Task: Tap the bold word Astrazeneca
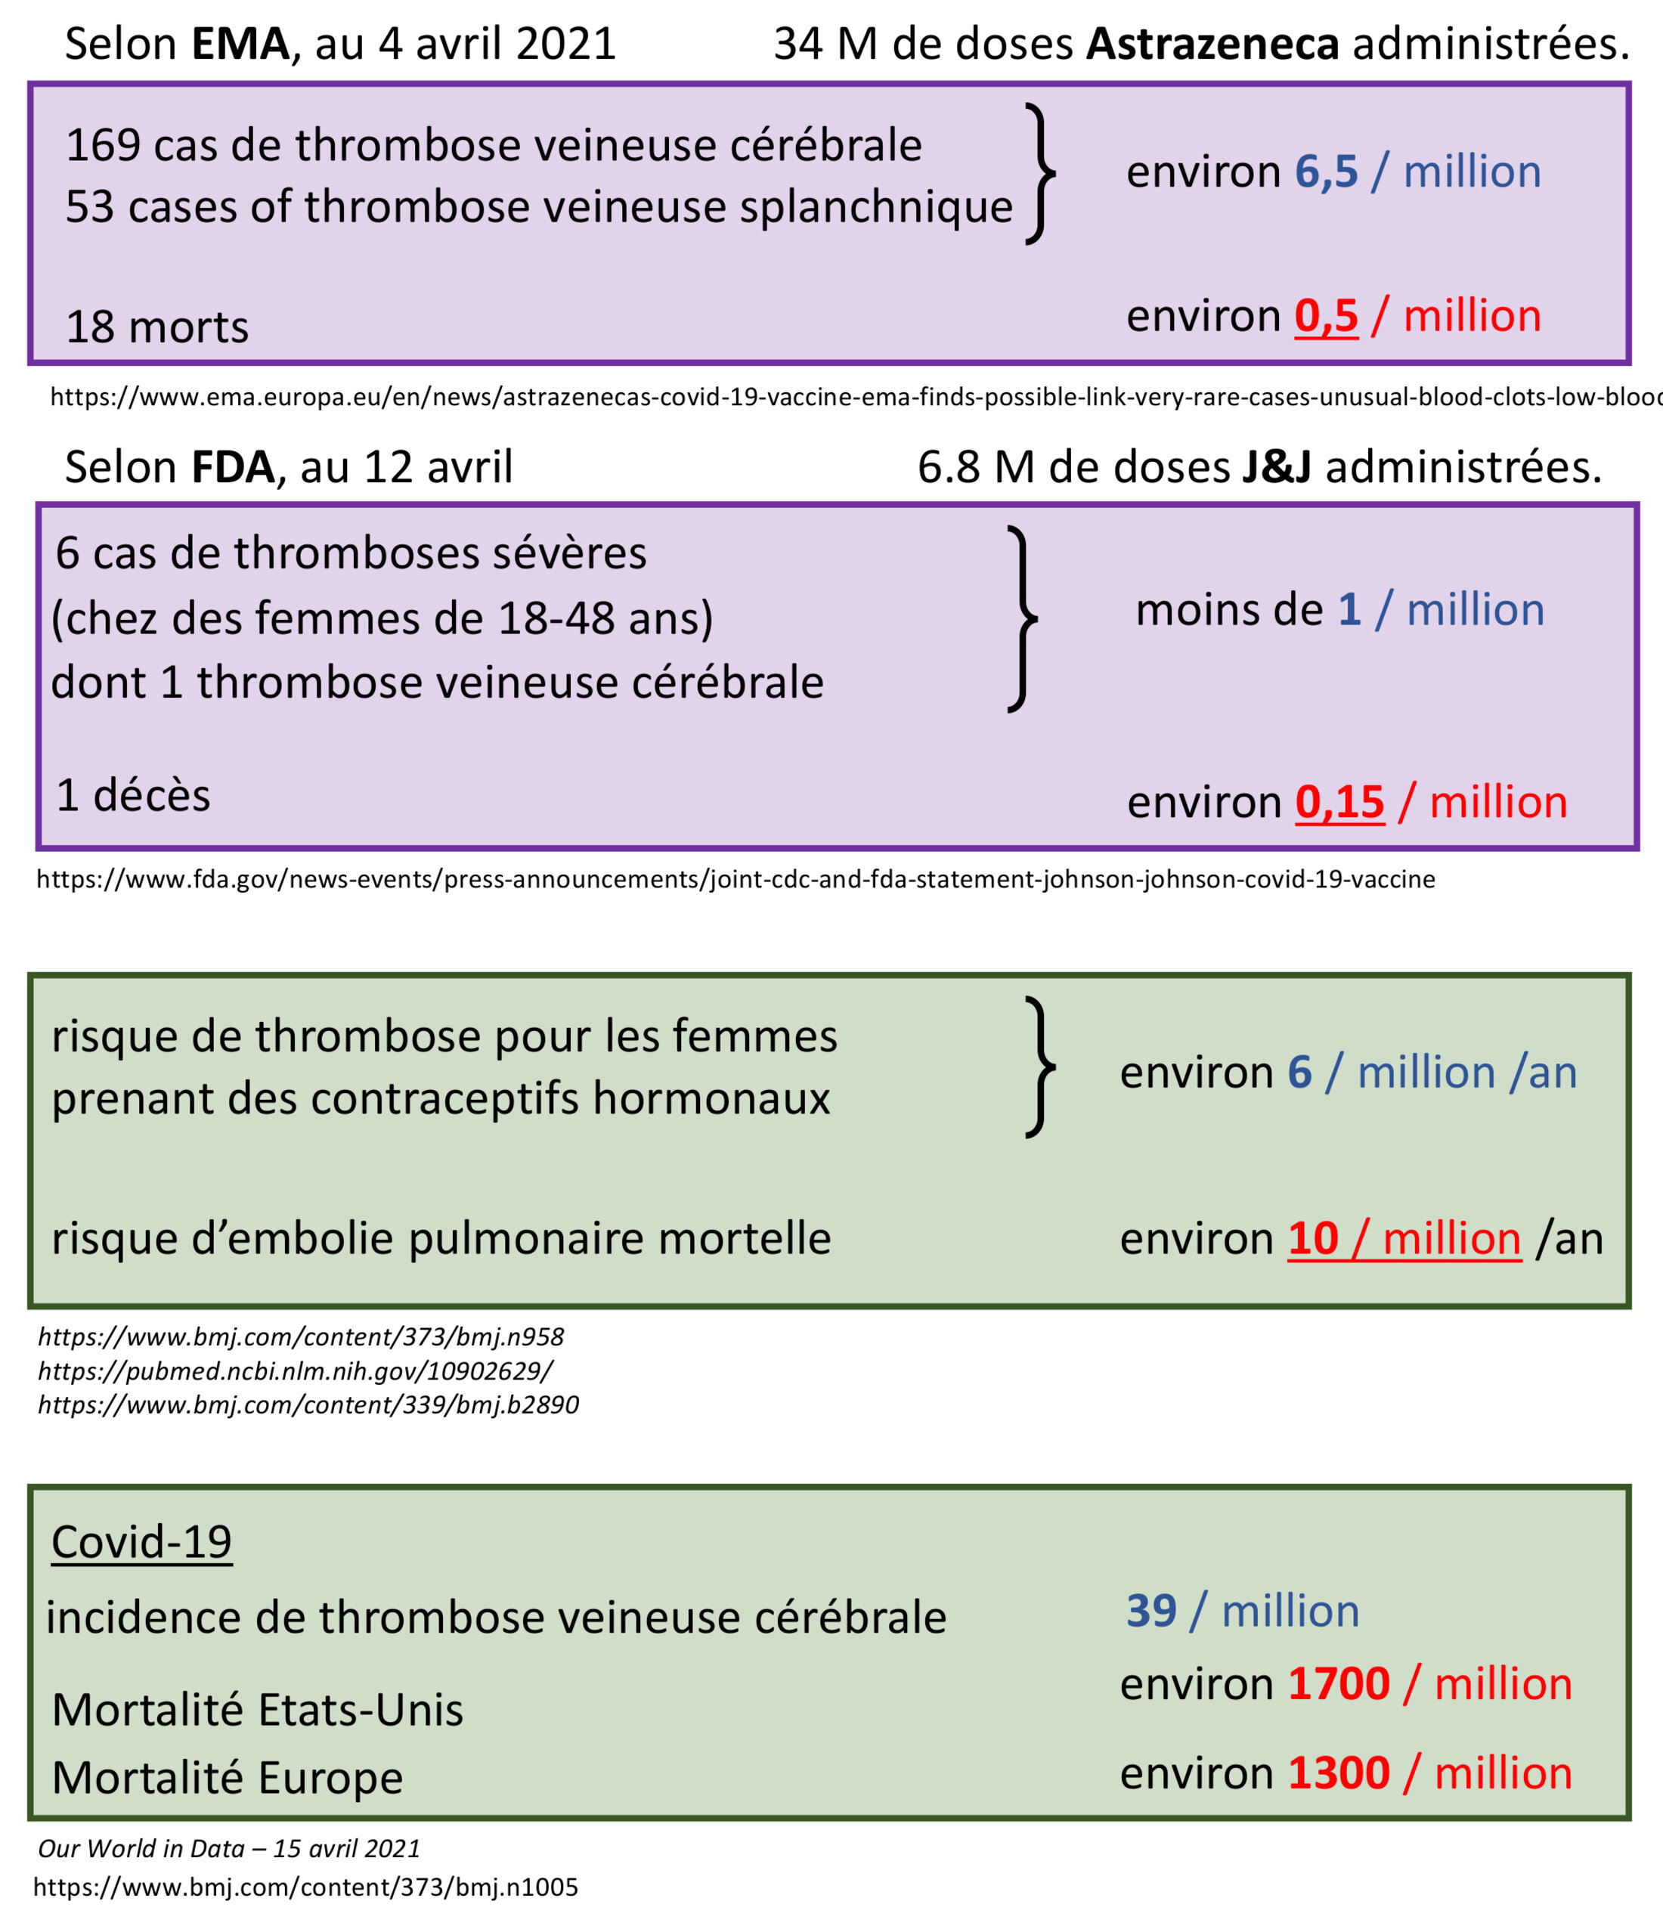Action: [1212, 45]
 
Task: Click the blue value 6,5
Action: [1326, 172]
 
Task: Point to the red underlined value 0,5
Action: [1326, 316]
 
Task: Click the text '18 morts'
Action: [157, 327]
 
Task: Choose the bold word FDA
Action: [232, 466]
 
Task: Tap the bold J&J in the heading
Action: [1276, 466]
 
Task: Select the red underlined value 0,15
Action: [1339, 802]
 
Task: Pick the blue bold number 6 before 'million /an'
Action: [1299, 1073]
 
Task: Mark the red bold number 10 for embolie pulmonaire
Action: [1312, 1239]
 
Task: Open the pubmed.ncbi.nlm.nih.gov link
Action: [296, 1371]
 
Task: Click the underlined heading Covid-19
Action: [141, 1542]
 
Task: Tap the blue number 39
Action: [1150, 1611]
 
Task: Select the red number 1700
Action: [1339, 1684]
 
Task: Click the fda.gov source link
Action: [734, 879]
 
